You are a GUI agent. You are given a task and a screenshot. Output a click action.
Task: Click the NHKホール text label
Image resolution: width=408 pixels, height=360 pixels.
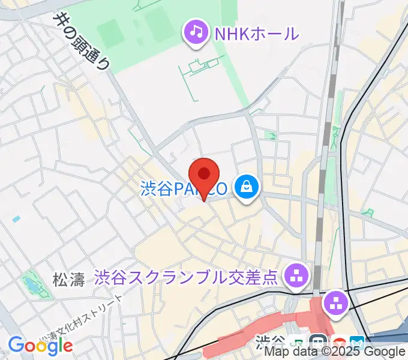[256, 33]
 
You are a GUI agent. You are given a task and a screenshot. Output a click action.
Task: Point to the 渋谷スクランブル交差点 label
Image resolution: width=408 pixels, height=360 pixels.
[187, 277]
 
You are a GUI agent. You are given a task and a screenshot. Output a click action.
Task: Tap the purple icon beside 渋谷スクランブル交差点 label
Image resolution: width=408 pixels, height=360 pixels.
[295, 277]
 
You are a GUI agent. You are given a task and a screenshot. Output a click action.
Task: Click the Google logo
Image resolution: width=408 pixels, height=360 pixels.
[40, 345]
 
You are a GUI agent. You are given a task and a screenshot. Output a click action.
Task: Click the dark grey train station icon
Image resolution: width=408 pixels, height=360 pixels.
[320, 342]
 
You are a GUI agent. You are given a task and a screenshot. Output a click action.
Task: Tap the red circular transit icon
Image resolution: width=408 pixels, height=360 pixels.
[340, 342]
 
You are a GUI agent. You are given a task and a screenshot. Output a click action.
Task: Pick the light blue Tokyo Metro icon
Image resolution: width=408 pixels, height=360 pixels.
[357, 342]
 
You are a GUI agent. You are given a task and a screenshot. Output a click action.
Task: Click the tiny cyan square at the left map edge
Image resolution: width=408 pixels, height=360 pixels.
[16, 219]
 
